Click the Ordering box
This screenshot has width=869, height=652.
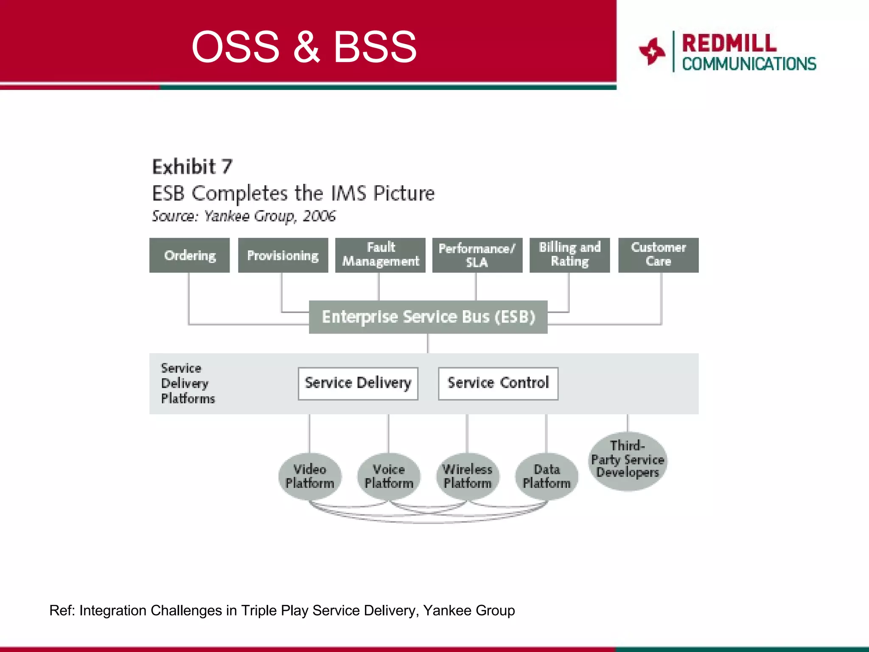click(x=189, y=255)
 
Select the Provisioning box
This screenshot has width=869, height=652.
click(x=283, y=255)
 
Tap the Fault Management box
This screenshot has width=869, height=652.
click(x=380, y=255)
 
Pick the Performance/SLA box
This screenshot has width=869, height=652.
click(x=477, y=255)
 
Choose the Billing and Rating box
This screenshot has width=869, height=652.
click(x=569, y=255)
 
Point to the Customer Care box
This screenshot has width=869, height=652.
click(x=658, y=255)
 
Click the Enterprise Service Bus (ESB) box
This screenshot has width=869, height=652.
click(x=428, y=317)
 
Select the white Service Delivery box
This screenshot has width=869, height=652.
click(x=358, y=383)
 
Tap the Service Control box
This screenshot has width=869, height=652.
click(x=498, y=383)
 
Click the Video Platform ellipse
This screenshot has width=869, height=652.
click(x=310, y=476)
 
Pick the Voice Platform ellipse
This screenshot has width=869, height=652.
click(x=389, y=476)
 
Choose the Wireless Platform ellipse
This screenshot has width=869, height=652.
click(x=468, y=476)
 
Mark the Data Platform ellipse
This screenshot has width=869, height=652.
click(x=547, y=476)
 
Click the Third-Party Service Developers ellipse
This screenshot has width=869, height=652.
click(x=628, y=461)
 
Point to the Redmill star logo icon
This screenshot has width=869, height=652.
click(x=652, y=51)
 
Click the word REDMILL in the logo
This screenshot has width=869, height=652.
click(x=729, y=43)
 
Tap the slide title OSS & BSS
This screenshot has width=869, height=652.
click(x=304, y=47)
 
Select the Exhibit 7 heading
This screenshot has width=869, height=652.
click(x=192, y=167)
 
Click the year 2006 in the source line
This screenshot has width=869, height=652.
click(x=319, y=216)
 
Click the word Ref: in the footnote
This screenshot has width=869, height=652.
click(x=62, y=610)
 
